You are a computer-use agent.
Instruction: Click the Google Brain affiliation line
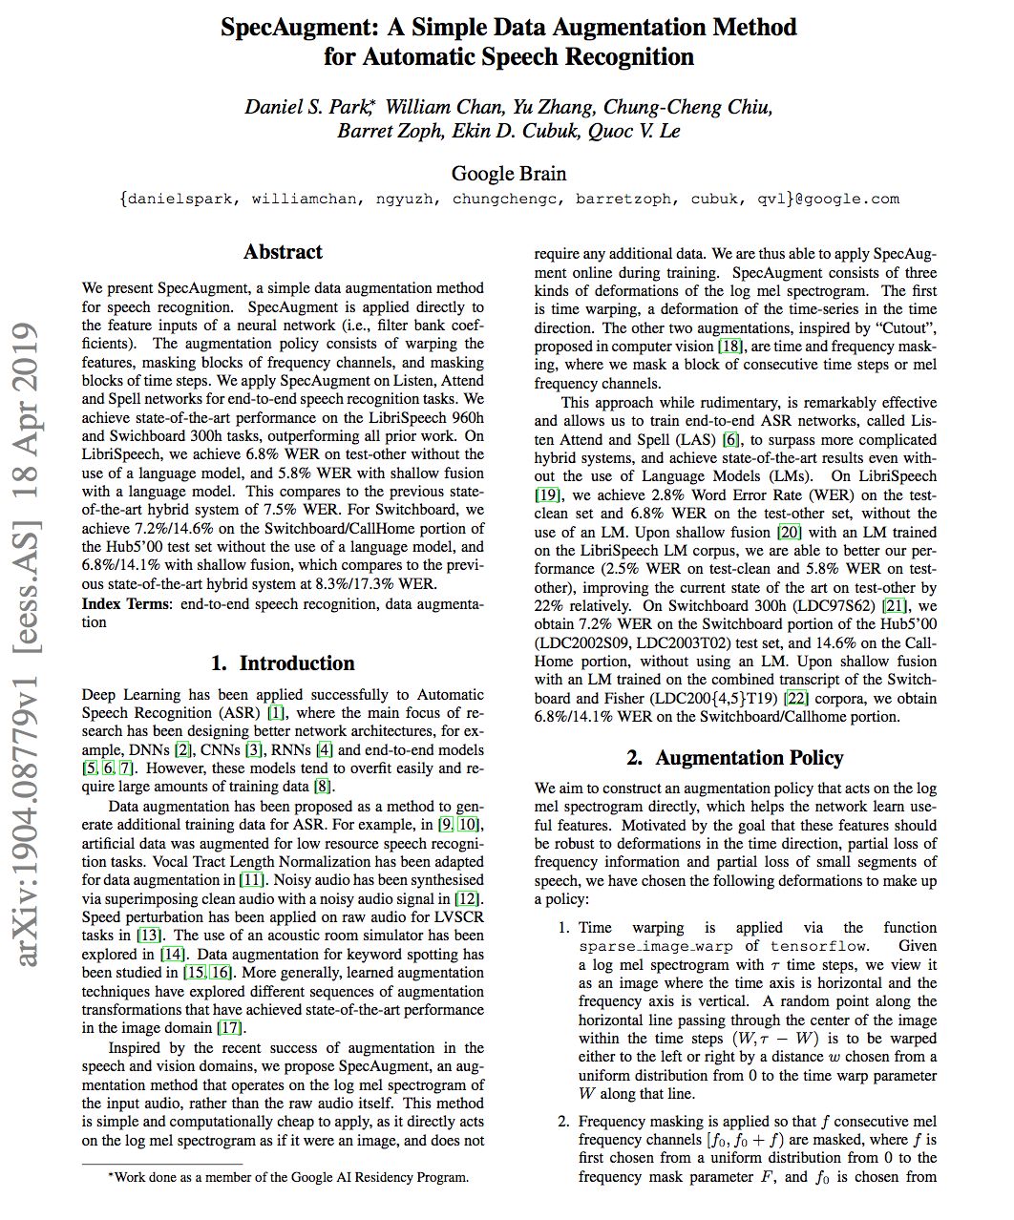[x=508, y=174]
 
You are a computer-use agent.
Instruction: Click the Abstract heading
[x=283, y=252]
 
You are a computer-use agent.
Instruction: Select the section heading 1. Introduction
[x=283, y=663]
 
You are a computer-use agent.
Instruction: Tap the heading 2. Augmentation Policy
[x=735, y=758]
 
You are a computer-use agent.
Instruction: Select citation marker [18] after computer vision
[x=730, y=347]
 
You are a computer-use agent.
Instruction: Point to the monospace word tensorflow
[x=819, y=946]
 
